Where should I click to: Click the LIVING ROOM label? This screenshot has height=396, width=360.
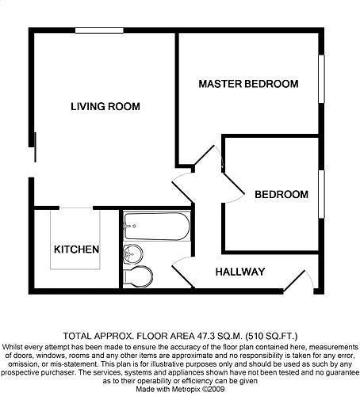point(105,107)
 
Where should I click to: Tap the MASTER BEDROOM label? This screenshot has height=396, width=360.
point(248,84)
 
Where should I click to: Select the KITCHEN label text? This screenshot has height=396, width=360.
point(76,249)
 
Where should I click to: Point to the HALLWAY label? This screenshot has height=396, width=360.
point(240,272)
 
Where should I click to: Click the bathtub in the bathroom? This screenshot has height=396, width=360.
point(157,227)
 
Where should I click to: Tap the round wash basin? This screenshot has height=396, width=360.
point(133,254)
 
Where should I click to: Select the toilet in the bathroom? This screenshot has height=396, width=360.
point(138,277)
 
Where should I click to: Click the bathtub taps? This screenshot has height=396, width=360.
point(129,226)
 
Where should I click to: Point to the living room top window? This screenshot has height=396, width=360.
point(99,30)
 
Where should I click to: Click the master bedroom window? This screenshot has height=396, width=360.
point(321,78)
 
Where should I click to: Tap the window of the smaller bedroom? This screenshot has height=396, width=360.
point(321,194)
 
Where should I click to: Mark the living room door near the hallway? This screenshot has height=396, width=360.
point(183,187)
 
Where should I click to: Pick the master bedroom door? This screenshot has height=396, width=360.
point(209,158)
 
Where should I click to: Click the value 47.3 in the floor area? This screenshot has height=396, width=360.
point(207,337)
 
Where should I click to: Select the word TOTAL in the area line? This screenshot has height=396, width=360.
point(76,337)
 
